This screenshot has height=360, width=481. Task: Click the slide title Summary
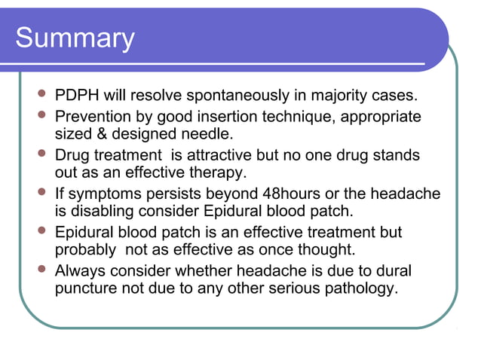point(75,38)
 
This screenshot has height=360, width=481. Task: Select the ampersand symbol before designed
point(103,135)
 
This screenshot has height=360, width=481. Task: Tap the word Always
point(81,270)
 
